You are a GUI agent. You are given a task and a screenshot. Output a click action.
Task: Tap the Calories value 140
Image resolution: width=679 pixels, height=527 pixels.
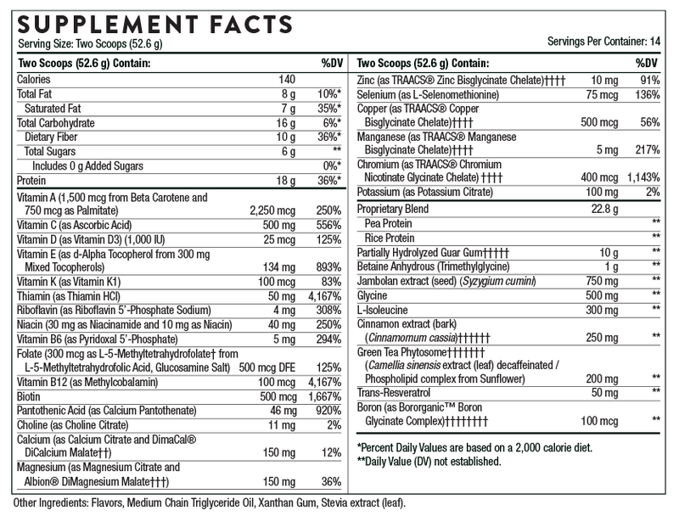286,79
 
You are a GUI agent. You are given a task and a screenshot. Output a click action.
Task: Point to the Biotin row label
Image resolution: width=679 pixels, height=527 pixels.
31,395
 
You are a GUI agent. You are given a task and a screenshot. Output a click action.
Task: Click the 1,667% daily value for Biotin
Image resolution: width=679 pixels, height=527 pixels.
325,395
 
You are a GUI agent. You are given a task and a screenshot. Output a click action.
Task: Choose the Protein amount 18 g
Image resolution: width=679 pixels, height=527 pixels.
286,180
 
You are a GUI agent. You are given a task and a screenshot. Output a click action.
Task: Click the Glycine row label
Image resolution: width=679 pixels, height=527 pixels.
373,295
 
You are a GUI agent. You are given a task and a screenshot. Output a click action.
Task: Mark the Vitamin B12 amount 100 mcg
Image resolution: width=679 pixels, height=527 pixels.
272,381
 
